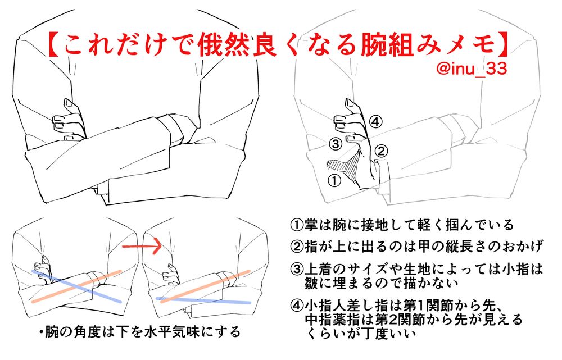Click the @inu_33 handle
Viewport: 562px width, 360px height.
(x=472, y=68)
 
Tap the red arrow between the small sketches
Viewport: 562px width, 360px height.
(x=142, y=245)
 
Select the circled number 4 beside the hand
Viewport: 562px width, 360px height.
(x=375, y=122)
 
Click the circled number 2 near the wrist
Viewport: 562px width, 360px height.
(x=381, y=151)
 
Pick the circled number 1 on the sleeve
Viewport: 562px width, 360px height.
(x=334, y=180)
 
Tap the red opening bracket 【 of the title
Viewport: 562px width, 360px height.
(x=54, y=45)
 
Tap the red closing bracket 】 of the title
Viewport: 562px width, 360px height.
(x=502, y=45)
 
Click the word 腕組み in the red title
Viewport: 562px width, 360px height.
(x=400, y=45)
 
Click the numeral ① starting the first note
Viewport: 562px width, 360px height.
(x=297, y=225)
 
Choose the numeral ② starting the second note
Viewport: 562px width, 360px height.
(x=297, y=247)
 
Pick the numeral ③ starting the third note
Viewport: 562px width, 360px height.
(x=297, y=268)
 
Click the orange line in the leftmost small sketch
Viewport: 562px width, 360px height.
(x=76, y=286)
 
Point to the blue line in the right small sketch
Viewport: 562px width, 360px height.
(x=203, y=300)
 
